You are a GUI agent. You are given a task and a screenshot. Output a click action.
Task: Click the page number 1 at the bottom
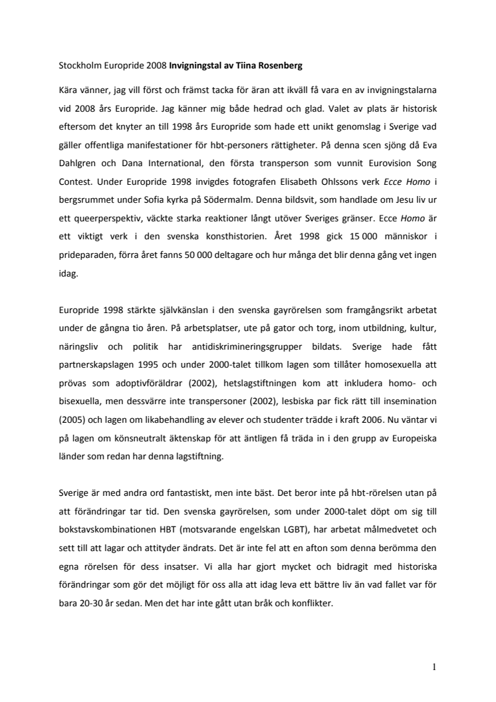(x=434, y=667)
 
